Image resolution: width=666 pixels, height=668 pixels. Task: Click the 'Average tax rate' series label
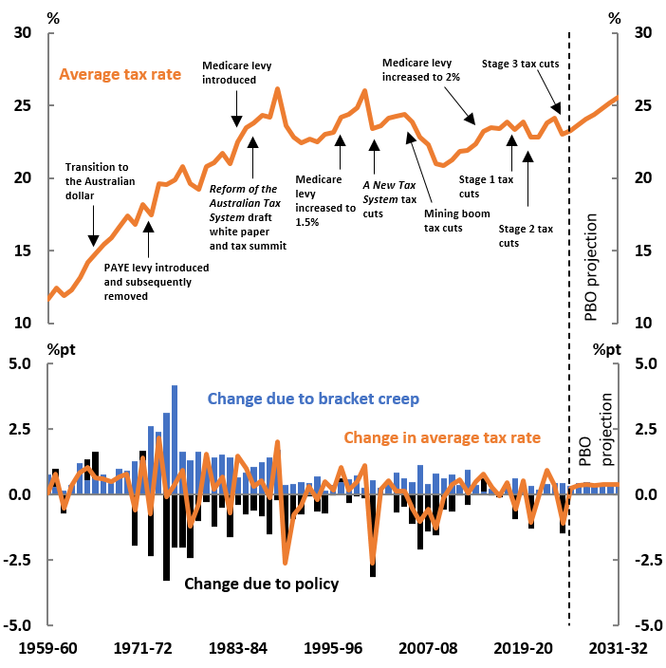[120, 73]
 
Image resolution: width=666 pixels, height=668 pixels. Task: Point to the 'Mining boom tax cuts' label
[457, 220]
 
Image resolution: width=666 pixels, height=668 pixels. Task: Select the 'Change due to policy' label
[261, 584]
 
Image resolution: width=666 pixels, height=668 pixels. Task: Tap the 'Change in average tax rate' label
[442, 437]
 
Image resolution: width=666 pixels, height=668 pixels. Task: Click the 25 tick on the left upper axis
[21, 105]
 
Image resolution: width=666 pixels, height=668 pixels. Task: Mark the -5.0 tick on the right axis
[645, 626]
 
